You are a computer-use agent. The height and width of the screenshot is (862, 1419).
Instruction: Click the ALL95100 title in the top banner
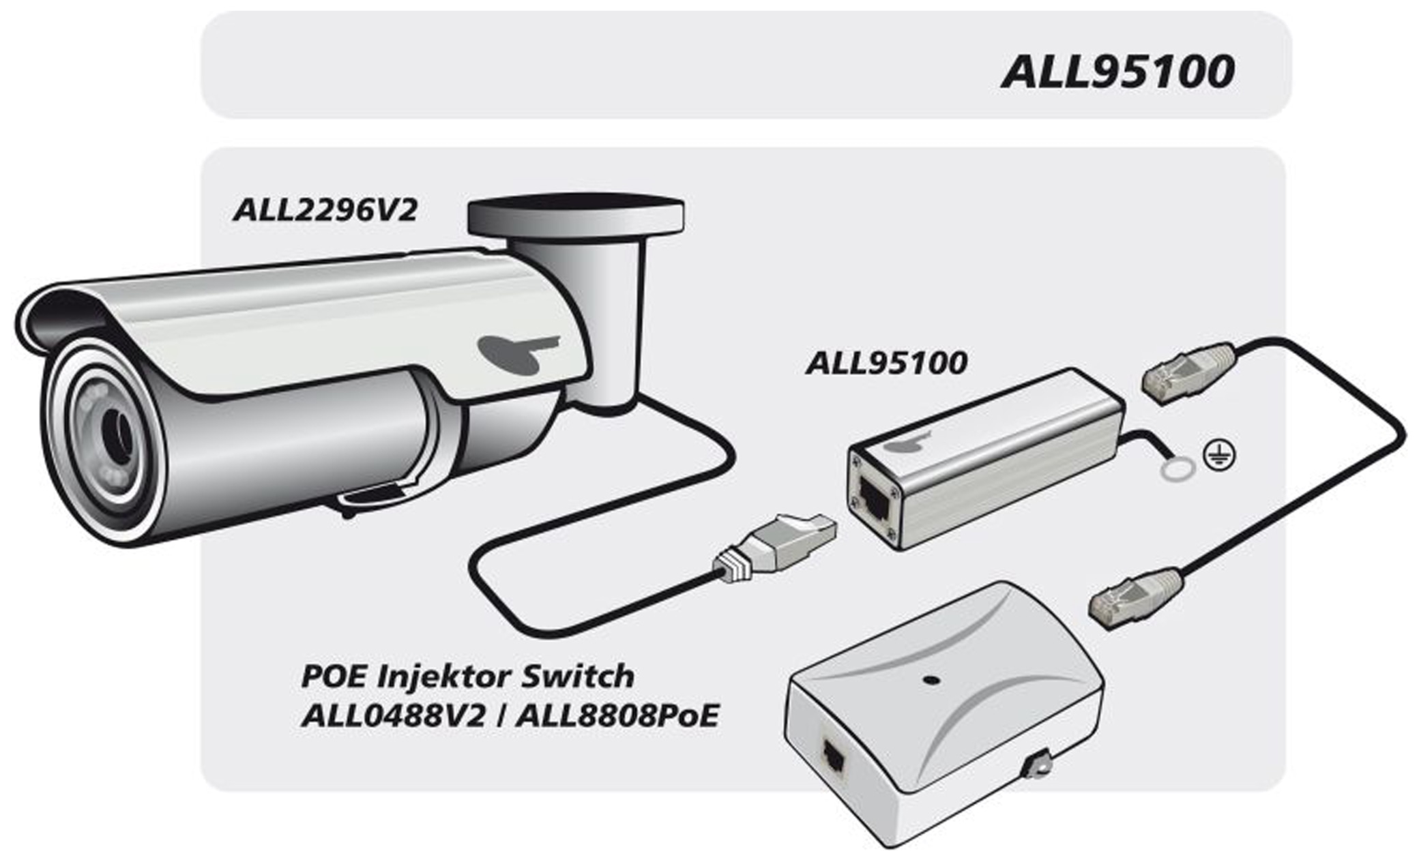pyautogui.click(x=1117, y=72)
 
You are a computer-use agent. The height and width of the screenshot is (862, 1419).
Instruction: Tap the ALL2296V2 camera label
pyautogui.click(x=325, y=210)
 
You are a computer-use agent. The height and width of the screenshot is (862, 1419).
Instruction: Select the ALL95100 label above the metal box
pyautogui.click(x=886, y=363)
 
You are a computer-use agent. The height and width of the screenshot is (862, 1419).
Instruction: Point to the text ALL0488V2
pyautogui.click(x=394, y=716)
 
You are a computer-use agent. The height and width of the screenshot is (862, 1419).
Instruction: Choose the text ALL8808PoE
pyautogui.click(x=617, y=716)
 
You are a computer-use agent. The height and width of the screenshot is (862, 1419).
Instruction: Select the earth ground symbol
pyautogui.click(x=1218, y=456)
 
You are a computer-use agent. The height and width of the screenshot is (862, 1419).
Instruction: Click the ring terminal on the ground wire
pyautogui.click(x=1177, y=469)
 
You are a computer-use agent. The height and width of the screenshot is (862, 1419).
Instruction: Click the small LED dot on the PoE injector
pyautogui.click(x=929, y=680)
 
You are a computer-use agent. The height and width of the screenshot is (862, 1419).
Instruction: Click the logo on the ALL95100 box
pyautogui.click(x=908, y=443)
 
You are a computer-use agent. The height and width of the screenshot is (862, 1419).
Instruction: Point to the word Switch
pyautogui.click(x=577, y=677)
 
